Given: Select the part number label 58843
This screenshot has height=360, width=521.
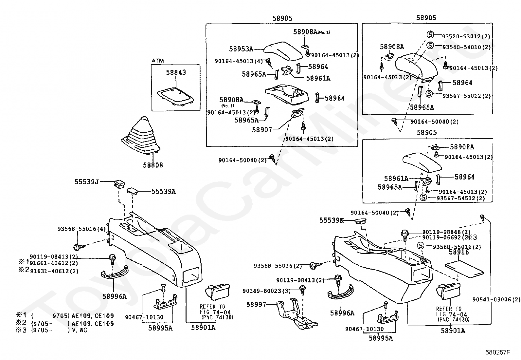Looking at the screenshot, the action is [176, 72].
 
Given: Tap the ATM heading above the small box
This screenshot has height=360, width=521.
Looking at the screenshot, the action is [158, 61].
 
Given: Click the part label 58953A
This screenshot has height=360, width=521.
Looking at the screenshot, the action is [241, 49].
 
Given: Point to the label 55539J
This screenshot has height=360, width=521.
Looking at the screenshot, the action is [86, 181].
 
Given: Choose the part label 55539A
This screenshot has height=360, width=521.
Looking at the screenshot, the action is [164, 191].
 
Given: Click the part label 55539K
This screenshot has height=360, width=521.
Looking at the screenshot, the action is [332, 220].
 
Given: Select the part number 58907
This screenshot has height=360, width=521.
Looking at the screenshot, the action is [262, 130].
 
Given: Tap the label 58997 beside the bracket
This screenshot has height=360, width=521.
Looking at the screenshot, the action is [256, 304].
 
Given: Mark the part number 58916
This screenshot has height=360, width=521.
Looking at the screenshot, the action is [459, 252].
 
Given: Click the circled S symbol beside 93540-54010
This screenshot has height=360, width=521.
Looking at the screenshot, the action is [430, 45].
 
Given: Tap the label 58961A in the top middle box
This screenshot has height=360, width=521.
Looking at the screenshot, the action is [318, 78].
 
